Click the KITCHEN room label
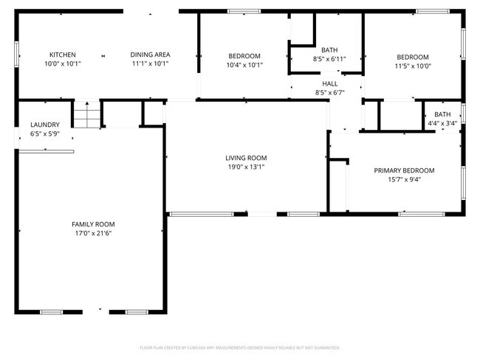pyautogui.click(x=62, y=55)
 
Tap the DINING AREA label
pyautogui.click(x=150, y=55)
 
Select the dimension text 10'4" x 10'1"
pyautogui.click(x=244, y=65)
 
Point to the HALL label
pyautogui.click(x=329, y=83)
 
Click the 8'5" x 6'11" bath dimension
pyautogui.click(x=329, y=58)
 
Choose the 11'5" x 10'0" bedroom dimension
pyautogui.click(x=413, y=66)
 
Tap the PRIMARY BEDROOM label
pyautogui.click(x=404, y=170)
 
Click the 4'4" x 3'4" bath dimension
pyautogui.click(x=442, y=123)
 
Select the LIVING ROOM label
pyautogui.click(x=246, y=158)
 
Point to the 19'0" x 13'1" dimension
pyautogui.click(x=246, y=167)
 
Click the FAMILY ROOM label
pyautogui.click(x=93, y=224)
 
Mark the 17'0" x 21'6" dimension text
pyautogui.click(x=93, y=233)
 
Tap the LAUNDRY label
pyautogui.click(x=45, y=125)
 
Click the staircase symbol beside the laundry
pyautogui.click(x=86, y=116)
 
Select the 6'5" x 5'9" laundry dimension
pyautogui.click(x=45, y=134)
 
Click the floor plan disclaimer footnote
pyautogui.click(x=240, y=347)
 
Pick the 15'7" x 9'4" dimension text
pyautogui.click(x=404, y=179)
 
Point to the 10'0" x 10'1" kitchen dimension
pyautogui.click(x=62, y=63)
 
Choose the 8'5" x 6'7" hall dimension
pyautogui.click(x=329, y=92)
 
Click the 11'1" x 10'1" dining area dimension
pyautogui.click(x=150, y=63)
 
